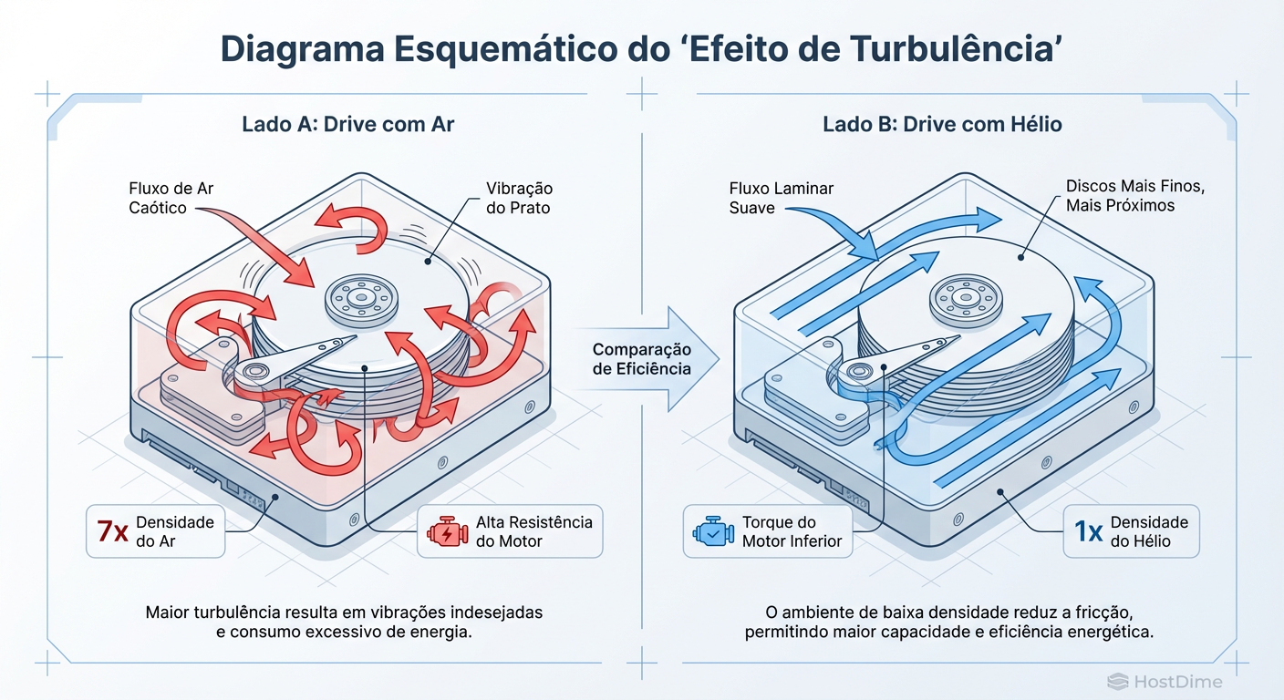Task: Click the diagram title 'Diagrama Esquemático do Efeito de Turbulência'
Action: [641, 50]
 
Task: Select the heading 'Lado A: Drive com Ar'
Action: [347, 124]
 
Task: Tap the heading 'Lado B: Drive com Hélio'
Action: [942, 124]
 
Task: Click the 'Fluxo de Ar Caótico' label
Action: [171, 198]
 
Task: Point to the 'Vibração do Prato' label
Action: [519, 198]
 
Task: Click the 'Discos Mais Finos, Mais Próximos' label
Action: [1135, 196]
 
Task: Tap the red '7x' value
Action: [113, 531]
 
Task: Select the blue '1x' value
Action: [1089, 531]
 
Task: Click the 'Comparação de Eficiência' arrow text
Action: [642, 359]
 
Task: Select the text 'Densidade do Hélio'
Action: [1149, 531]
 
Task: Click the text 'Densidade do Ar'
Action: [174, 531]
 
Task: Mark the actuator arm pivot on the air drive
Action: [253, 372]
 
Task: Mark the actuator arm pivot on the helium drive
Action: [855, 370]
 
